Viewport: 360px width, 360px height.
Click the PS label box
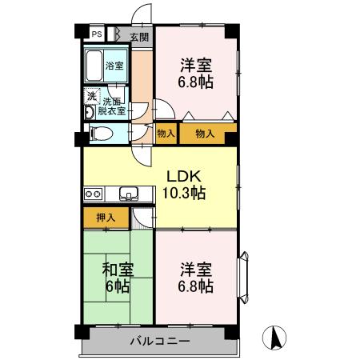96,35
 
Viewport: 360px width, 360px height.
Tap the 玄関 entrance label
139,37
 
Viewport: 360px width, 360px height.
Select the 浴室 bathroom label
115,66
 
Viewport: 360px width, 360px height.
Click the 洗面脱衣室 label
111,107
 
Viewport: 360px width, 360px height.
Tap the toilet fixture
98,134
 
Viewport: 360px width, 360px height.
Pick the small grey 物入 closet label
166,134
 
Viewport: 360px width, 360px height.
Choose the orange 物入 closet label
206,134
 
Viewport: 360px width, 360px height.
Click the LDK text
183,175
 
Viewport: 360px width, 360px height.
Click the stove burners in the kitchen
93,193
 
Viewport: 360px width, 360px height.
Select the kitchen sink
129,193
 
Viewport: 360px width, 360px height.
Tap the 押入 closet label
106,217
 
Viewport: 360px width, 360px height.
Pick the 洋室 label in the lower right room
196,270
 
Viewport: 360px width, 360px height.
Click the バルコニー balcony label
161,342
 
